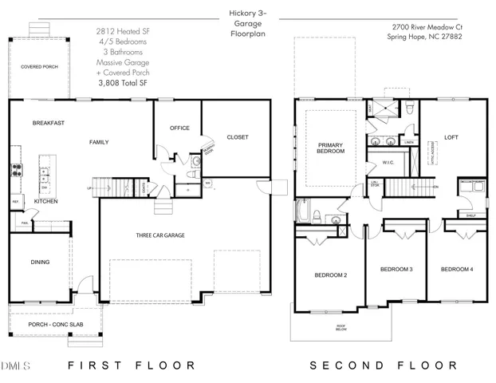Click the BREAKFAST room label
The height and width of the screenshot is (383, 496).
48,123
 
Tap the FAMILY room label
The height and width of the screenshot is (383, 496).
98,142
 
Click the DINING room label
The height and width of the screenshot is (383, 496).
40,262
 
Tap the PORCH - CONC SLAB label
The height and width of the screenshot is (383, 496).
49,324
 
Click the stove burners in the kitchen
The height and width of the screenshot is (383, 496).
14,169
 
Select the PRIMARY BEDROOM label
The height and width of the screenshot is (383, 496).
331,148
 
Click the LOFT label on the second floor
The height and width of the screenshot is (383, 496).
451,137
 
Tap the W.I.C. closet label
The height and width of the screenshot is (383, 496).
388,163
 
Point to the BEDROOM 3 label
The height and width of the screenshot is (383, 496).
396,269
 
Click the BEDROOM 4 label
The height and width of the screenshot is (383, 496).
457,269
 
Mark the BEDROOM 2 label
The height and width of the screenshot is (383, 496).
330,275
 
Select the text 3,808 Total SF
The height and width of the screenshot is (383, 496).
123,81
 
